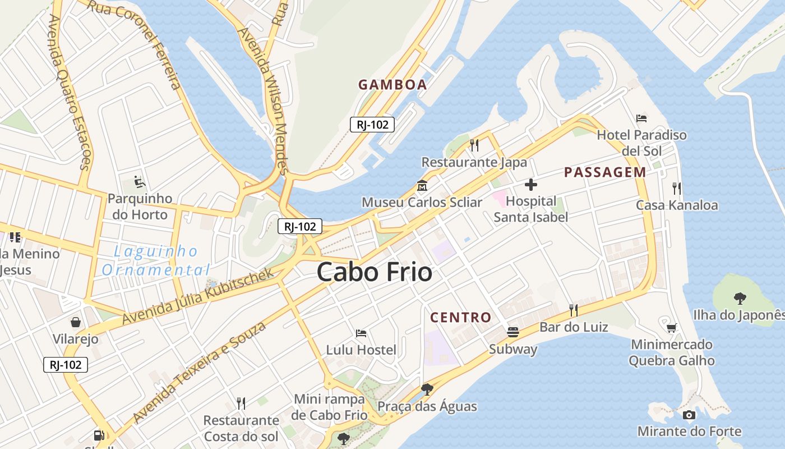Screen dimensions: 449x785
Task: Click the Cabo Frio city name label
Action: click(374, 273)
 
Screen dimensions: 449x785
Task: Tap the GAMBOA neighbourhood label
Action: click(392, 85)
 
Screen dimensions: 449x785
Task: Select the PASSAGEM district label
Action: click(605, 172)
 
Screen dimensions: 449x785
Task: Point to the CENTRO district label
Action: click(460, 317)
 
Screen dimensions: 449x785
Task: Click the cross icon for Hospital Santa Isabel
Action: click(530, 184)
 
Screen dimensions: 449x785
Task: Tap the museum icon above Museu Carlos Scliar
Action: click(422, 185)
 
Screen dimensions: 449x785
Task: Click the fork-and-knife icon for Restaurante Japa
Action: click(474, 145)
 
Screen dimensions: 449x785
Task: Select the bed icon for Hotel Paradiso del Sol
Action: click(642, 118)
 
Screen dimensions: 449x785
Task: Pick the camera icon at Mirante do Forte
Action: click(689, 415)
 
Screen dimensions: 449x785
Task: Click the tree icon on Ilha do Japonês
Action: click(740, 298)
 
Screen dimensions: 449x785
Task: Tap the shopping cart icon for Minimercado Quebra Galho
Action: click(671, 327)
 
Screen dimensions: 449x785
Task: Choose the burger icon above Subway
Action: click(512, 332)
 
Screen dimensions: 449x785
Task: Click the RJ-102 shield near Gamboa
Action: click(372, 125)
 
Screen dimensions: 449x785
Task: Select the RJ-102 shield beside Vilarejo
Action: click(66, 365)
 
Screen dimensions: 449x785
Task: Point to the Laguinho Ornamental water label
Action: click(156, 260)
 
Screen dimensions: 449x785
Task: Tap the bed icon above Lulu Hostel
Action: click(361, 333)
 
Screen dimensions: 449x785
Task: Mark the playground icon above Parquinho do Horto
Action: click(139, 182)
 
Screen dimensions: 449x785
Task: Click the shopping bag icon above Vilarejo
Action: click(75, 322)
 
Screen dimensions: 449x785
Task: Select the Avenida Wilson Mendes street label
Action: click(263, 101)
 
